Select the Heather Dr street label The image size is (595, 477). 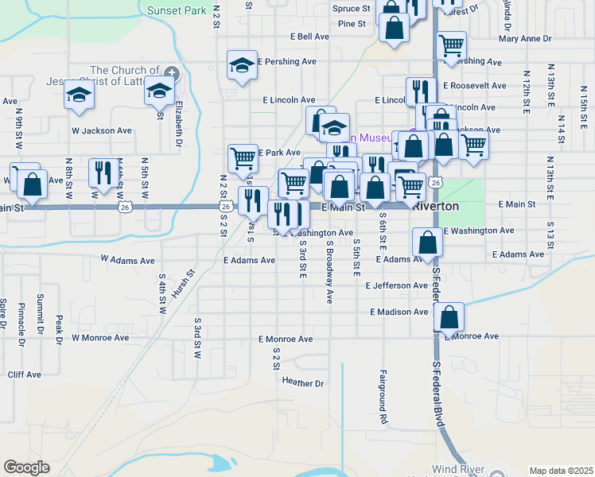[303, 382]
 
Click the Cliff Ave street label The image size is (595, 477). [24, 374]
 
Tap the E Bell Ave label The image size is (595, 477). [309, 37]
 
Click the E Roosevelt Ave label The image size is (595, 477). [475, 86]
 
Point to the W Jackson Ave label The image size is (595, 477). [101, 130]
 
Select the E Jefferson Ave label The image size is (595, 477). [397, 285]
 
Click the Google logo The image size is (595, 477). [26, 467]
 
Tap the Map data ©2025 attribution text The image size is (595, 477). [561, 471]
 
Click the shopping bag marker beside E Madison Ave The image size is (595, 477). [449, 316]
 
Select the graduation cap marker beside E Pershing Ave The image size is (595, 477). [242, 65]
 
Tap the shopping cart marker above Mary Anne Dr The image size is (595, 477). [451, 45]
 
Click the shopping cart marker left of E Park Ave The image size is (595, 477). [243, 157]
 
